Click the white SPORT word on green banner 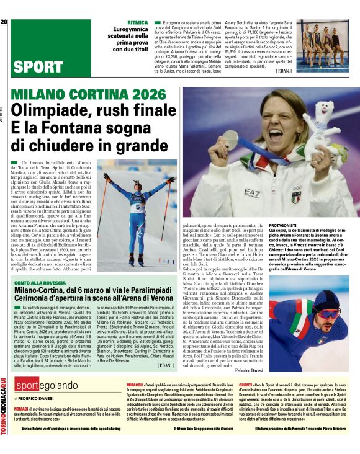(37, 66)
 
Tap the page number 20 (4, 22)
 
